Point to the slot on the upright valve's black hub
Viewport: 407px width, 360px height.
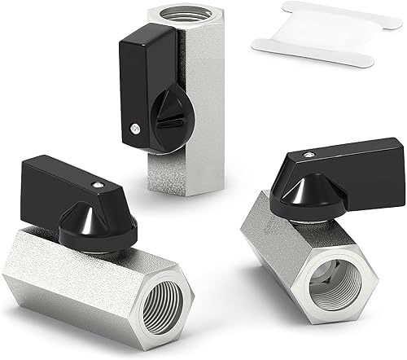tap(168, 122)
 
